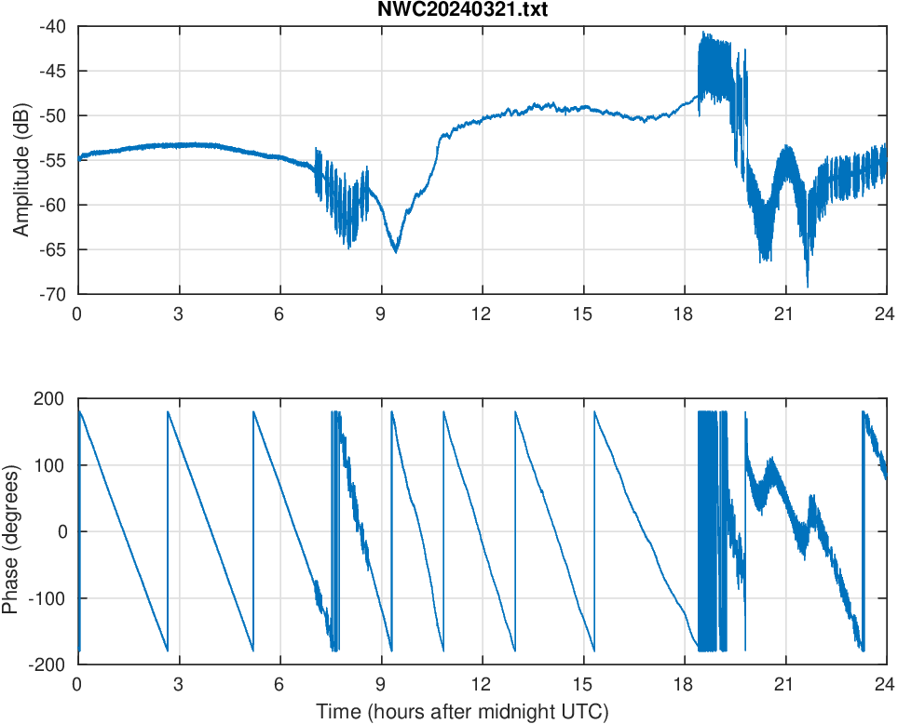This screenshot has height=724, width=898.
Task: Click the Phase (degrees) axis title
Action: point(11,531)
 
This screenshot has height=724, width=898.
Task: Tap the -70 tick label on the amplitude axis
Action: point(52,294)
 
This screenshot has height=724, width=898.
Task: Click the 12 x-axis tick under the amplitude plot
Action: point(482,314)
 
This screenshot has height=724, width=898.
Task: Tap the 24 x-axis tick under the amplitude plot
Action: point(885,314)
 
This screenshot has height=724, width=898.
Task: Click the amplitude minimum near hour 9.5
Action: point(396,251)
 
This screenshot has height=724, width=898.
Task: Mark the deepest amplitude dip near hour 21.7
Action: point(807,286)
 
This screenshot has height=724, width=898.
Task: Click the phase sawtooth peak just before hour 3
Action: point(168,411)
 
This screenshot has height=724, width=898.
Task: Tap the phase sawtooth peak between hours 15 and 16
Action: point(594,411)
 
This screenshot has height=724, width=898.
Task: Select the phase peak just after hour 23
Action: point(864,411)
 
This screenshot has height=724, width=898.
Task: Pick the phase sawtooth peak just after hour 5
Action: point(253,411)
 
